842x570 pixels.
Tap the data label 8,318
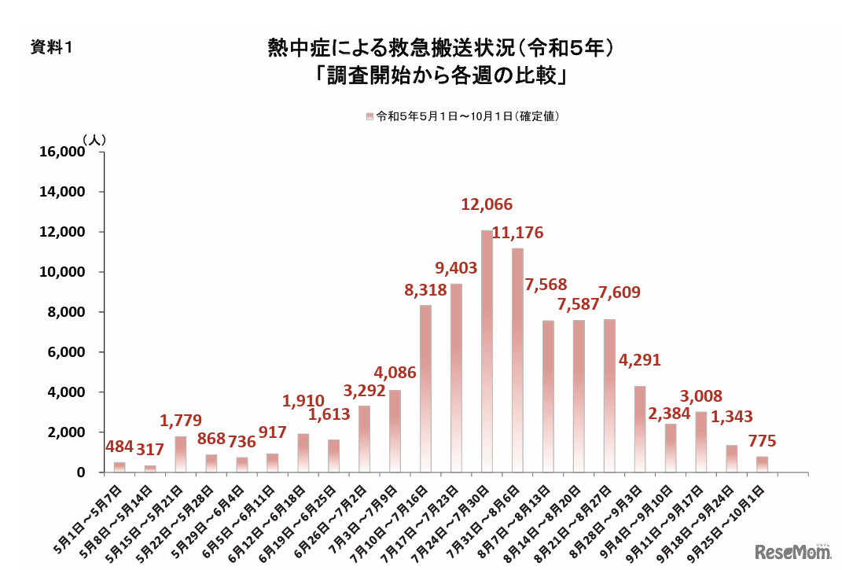click(425, 290)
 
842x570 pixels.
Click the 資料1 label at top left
click(51, 48)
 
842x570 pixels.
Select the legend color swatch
click(370, 116)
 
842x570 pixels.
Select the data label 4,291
click(639, 360)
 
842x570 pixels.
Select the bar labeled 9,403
click(456, 377)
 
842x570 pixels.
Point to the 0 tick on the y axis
click(80, 473)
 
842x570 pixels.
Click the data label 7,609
click(619, 292)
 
